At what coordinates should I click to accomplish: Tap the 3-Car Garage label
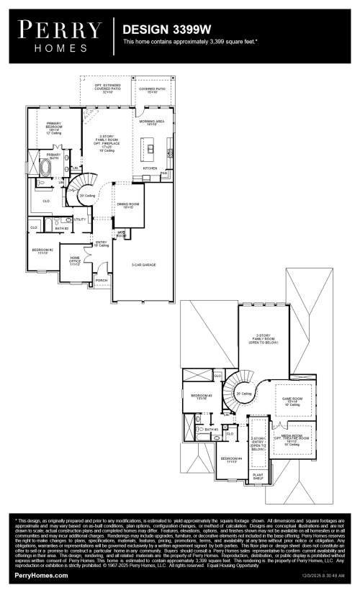(144, 265)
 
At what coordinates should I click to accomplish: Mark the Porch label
(101, 281)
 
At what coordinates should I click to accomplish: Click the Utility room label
(79, 219)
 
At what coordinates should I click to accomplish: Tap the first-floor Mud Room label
(121, 235)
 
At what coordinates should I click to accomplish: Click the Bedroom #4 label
(231, 459)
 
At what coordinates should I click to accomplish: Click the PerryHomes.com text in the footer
(42, 576)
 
